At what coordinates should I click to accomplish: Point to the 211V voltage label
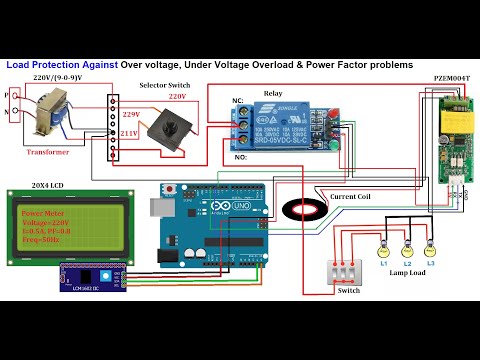tap(129, 132)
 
